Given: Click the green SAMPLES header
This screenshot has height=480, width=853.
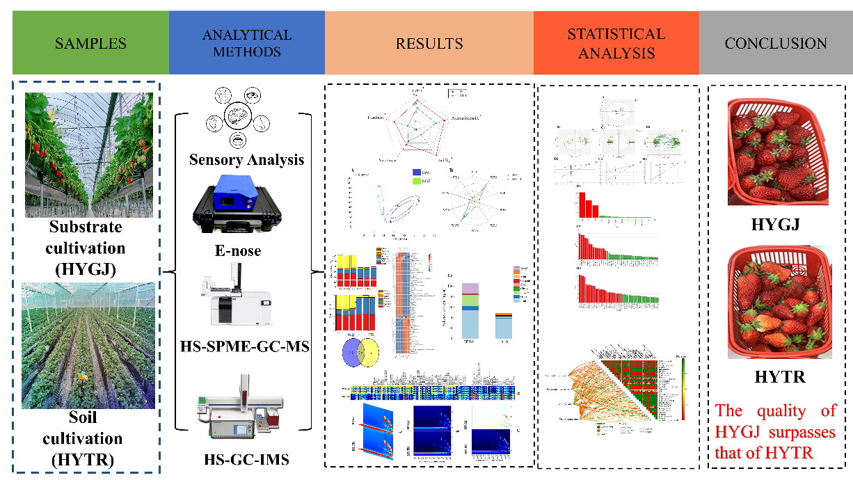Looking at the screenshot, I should click(90, 43).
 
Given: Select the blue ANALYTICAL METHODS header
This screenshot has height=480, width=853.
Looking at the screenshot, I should click(247, 43).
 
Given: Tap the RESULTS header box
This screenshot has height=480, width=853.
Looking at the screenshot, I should click(429, 43).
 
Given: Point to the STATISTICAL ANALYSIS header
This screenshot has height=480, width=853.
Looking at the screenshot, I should click(616, 43).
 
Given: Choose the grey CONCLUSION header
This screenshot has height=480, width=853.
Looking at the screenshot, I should click(776, 43).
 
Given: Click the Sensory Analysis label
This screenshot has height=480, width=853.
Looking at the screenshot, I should click(246, 160).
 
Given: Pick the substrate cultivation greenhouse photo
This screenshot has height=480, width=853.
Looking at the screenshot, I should click(89, 154).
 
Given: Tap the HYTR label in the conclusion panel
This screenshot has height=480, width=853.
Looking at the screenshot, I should click(780, 377).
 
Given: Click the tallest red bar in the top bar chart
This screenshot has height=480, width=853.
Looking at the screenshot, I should click(581, 203).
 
